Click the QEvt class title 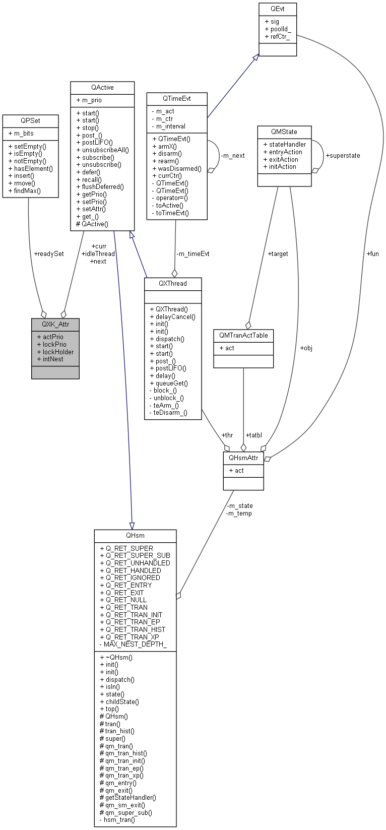[277, 9]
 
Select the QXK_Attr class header [55, 324]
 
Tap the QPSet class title [30, 120]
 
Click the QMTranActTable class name [243, 335]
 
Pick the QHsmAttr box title [243, 458]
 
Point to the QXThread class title [173, 283]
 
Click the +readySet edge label [48, 253]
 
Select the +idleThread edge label [98, 253]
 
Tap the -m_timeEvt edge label [192, 253]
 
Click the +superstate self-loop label [343, 155]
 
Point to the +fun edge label [372, 253]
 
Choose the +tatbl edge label [253, 435]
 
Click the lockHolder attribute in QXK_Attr [58, 352]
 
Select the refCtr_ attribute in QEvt [280, 37]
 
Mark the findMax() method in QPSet [27, 190]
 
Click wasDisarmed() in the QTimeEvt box [179, 168]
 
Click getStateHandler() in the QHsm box [131, 797]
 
